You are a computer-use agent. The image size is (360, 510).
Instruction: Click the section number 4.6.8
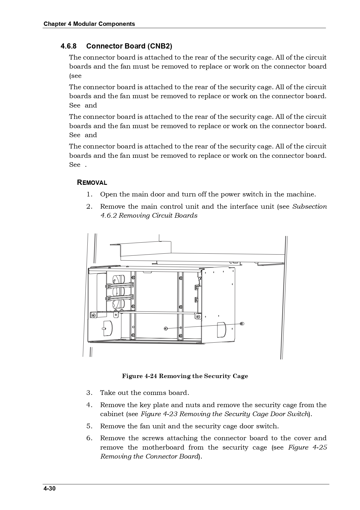click(x=69, y=46)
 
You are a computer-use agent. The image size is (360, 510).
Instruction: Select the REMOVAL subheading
click(x=92, y=183)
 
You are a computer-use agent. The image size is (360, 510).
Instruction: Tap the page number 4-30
click(x=49, y=488)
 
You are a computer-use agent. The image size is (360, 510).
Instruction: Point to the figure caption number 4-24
click(x=151, y=376)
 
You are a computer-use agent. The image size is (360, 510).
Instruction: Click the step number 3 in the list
click(x=89, y=393)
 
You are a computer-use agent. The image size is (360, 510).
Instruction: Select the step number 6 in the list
click(x=89, y=438)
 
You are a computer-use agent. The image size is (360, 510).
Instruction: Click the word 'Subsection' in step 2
click(x=309, y=207)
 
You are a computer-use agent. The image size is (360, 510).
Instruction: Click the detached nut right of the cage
click(x=242, y=323)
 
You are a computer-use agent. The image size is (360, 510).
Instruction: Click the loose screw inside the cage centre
click(x=166, y=328)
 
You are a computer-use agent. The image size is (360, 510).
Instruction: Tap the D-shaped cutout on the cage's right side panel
click(x=222, y=330)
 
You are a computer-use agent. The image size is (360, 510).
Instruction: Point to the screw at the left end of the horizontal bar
click(x=93, y=315)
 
